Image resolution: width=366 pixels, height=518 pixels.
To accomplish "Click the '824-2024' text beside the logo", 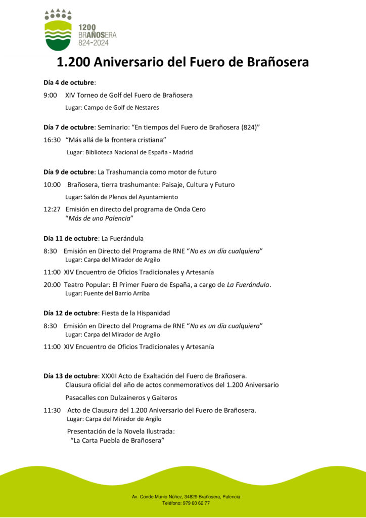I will [97, 43].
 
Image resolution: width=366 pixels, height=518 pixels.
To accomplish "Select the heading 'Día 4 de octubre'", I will [69, 82].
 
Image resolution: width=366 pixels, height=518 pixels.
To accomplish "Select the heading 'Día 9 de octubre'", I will [69, 172].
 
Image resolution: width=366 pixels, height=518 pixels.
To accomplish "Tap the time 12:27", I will [52, 209].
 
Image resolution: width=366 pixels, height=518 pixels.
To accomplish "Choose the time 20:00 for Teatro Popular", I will [52, 285].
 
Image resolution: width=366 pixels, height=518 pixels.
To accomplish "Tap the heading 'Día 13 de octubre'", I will [70, 376].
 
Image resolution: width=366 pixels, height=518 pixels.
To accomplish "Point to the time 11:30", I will [52, 410].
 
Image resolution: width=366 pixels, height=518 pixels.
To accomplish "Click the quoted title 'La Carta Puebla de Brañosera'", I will [118, 441].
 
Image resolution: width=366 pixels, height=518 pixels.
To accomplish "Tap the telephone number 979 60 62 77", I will [193, 503].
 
